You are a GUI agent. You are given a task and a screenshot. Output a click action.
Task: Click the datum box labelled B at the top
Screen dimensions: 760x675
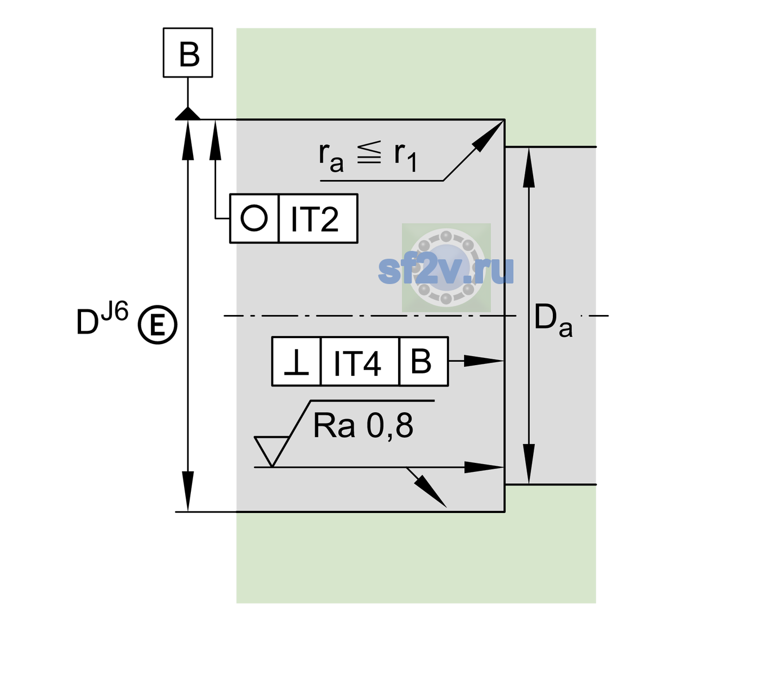pyautogui.click(x=187, y=52)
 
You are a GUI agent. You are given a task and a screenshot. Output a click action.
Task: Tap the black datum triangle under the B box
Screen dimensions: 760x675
pyautogui.click(x=187, y=114)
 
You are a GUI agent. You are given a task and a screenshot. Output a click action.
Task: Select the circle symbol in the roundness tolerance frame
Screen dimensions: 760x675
pyautogui.click(x=254, y=218)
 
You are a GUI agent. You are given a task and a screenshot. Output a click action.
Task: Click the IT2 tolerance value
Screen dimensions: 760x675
pyautogui.click(x=315, y=219)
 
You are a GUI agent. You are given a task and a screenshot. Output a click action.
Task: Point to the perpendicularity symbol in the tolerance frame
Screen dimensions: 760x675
pyautogui.click(x=296, y=362)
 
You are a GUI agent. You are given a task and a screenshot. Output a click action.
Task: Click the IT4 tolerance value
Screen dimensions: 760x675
pyautogui.click(x=357, y=363)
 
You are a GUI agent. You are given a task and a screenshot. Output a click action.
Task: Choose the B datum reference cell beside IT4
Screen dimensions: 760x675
pyautogui.click(x=423, y=361)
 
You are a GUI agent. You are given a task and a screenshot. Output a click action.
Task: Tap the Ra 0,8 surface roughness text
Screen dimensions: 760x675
pyautogui.click(x=363, y=426)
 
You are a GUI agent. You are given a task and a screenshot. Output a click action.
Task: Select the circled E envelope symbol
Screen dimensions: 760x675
pyautogui.click(x=158, y=325)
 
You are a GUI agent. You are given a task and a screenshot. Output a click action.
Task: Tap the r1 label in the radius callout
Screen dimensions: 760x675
pyautogui.click(x=405, y=157)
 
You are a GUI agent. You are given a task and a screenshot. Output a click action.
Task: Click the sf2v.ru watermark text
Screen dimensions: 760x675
pyautogui.click(x=446, y=269)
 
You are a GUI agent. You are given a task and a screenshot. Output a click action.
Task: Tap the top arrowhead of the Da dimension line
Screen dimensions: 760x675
pyautogui.click(x=529, y=167)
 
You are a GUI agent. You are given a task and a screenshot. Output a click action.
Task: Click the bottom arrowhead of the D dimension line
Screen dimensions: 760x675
pyautogui.click(x=187, y=492)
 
